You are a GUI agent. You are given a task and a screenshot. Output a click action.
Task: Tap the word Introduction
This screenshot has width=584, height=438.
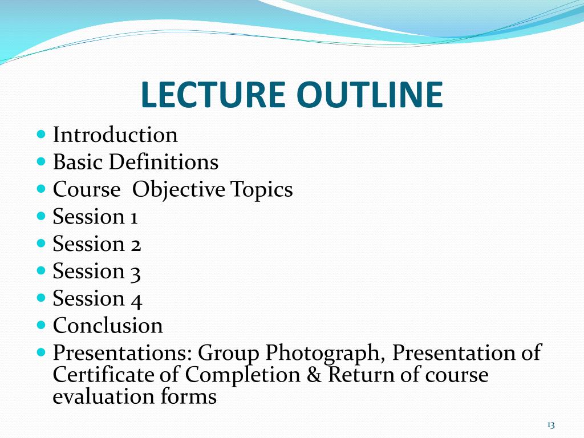click(x=115, y=135)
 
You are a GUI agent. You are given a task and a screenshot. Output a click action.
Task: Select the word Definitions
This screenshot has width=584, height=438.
click(x=164, y=163)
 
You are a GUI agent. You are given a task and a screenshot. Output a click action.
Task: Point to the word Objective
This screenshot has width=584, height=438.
click(x=179, y=190)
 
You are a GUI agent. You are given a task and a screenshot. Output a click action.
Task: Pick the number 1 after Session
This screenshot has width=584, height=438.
click(x=133, y=217)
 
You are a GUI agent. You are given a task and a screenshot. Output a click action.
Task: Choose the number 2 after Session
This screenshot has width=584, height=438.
click(x=135, y=245)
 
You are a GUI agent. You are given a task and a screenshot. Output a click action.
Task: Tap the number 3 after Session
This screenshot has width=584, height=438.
click(x=135, y=272)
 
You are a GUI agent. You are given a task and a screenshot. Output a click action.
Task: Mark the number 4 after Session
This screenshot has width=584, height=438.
click(x=136, y=299)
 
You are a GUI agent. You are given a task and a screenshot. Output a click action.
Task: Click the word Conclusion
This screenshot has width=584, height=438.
click(x=108, y=326)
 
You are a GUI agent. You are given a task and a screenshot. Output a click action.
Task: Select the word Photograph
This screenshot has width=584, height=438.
click(x=323, y=354)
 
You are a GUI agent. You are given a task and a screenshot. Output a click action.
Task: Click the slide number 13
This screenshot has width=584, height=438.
click(x=550, y=425)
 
